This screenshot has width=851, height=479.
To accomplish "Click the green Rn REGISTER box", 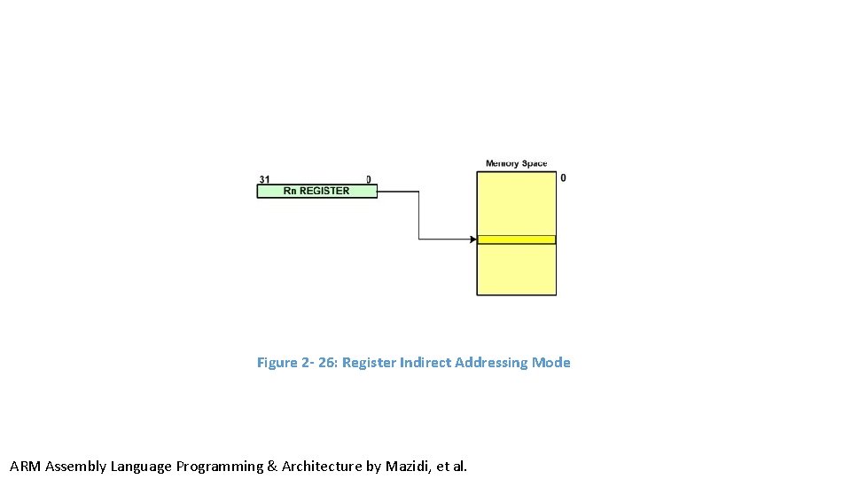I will (316, 191).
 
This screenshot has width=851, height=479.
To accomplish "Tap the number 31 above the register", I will (264, 179).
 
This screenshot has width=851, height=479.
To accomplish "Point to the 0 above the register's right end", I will (369, 179).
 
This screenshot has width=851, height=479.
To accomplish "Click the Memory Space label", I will (516, 163).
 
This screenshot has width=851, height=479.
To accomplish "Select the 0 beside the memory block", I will (563, 178).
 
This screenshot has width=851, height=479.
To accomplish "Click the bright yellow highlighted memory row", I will (516, 239).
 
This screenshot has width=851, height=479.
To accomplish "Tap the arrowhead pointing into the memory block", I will (472, 239).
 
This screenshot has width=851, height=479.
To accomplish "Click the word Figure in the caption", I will (277, 363).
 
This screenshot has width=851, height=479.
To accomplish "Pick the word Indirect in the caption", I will (425, 363).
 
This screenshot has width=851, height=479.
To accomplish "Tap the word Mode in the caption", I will (550, 363).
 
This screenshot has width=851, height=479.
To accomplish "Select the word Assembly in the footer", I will (75, 467).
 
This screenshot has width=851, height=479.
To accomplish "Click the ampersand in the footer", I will (272, 467).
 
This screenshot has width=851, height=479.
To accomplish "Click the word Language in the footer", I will (141, 467).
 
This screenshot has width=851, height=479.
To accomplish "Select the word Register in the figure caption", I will (369, 363).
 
